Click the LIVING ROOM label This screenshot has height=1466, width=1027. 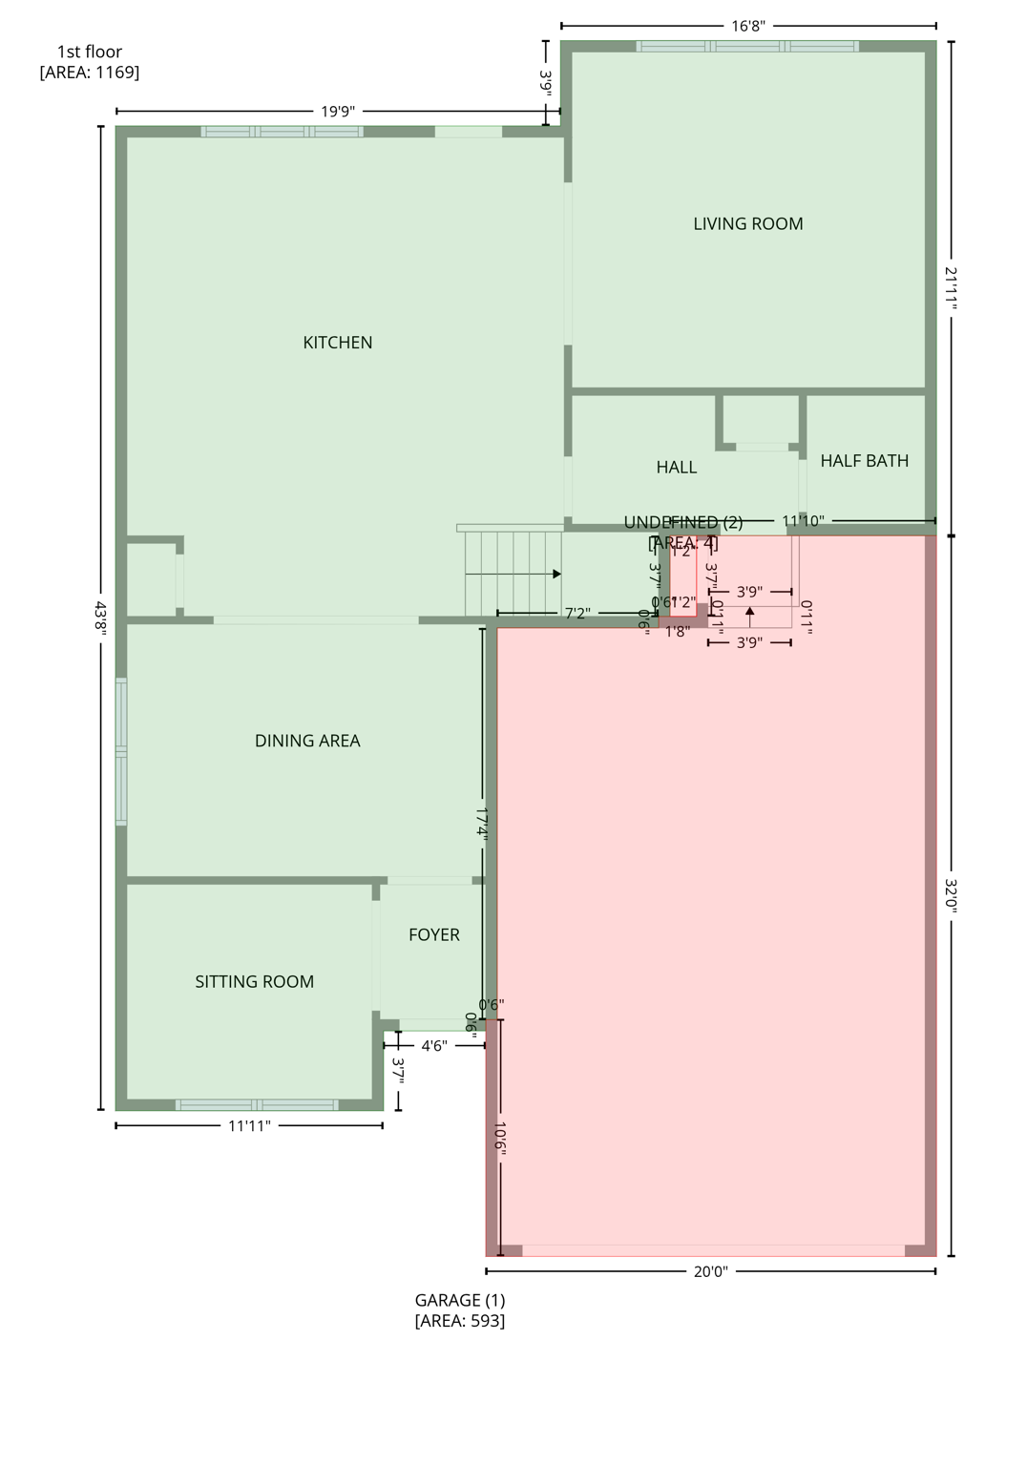coord(747,223)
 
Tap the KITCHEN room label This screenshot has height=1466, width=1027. coord(337,343)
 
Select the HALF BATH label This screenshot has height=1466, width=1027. coord(864,461)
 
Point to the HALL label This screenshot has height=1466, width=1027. coord(676,468)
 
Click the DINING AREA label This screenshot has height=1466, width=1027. coord(307,741)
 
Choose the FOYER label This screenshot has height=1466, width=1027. coord(433,935)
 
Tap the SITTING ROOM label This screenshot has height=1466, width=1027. coord(254,982)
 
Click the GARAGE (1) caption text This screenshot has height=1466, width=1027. coord(459,1300)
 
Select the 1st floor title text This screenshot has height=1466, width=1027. coord(90,52)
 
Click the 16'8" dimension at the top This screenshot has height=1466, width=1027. coord(747,26)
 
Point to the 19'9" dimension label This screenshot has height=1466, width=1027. coord(337,112)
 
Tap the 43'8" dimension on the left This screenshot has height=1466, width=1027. coord(100,618)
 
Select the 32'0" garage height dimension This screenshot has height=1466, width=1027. coord(952,895)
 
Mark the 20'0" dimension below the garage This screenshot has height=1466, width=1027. coord(710,1271)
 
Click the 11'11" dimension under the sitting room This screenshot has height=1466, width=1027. coord(249,1126)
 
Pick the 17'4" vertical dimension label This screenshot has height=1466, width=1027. coord(482,823)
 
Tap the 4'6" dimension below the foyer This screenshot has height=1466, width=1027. coord(433,1046)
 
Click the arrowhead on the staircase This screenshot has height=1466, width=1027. coord(556,575)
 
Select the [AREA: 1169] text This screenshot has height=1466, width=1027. coord(90,73)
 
